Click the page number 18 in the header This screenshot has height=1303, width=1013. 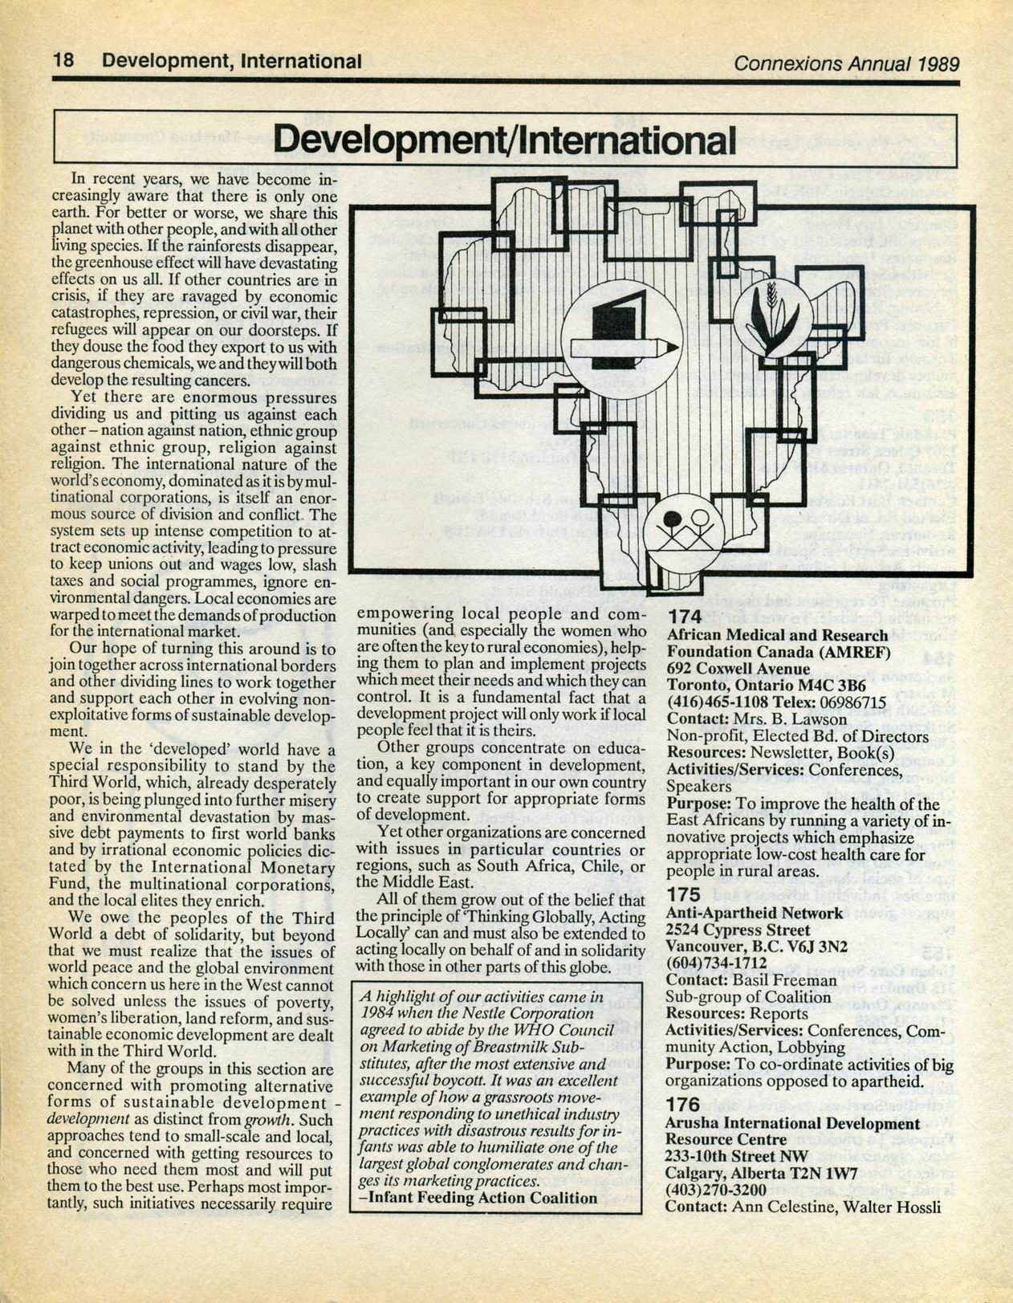[63, 60]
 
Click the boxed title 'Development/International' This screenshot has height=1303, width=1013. [505, 140]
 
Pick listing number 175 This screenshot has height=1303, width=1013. [684, 894]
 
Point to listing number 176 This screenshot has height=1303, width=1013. [683, 1105]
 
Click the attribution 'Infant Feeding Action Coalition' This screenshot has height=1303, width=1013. [482, 1198]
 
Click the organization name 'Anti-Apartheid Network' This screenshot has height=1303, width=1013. [755, 913]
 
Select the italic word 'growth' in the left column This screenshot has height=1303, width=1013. [269, 1120]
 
